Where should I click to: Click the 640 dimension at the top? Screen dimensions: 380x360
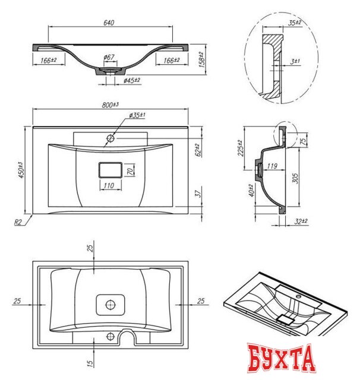(x=108, y=23)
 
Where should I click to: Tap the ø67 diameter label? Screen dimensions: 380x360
(x=109, y=57)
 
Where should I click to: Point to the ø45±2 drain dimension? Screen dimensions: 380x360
(x=131, y=80)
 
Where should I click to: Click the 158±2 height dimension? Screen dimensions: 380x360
(x=201, y=60)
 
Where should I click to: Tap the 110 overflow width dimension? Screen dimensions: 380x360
(x=108, y=186)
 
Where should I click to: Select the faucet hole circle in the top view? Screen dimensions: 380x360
(x=110, y=138)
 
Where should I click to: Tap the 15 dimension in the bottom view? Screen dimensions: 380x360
(x=90, y=359)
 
